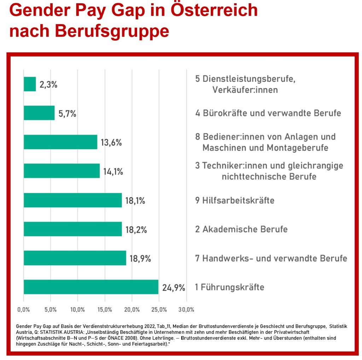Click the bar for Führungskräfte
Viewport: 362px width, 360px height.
pyautogui.click(x=91, y=287)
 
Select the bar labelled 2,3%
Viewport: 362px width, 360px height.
pyautogui.click(x=30, y=84)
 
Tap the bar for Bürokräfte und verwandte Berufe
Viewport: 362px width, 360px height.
pyautogui.click(x=39, y=113)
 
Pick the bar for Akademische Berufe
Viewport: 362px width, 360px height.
pyautogui.click(x=72, y=229)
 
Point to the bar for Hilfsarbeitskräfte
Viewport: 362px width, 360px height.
pyautogui.click(x=72, y=200)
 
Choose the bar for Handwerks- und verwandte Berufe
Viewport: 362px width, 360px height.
pyautogui.click(x=75, y=258)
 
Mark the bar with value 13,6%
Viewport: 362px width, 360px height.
pyautogui.click(x=60, y=142)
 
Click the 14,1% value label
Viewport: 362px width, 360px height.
pyautogui.click(x=113, y=172)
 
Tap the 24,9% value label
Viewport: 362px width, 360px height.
pyautogui.click(x=174, y=288)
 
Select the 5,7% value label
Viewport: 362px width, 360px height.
pyautogui.click(x=68, y=114)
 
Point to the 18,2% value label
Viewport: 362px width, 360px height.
pyautogui.click(x=136, y=230)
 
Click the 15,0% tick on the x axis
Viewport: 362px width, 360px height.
pyautogui.click(x=105, y=310)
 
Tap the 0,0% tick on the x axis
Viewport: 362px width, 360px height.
pyautogui.click(x=23, y=310)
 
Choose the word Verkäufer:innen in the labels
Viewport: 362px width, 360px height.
pyautogui.click(x=245, y=90)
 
